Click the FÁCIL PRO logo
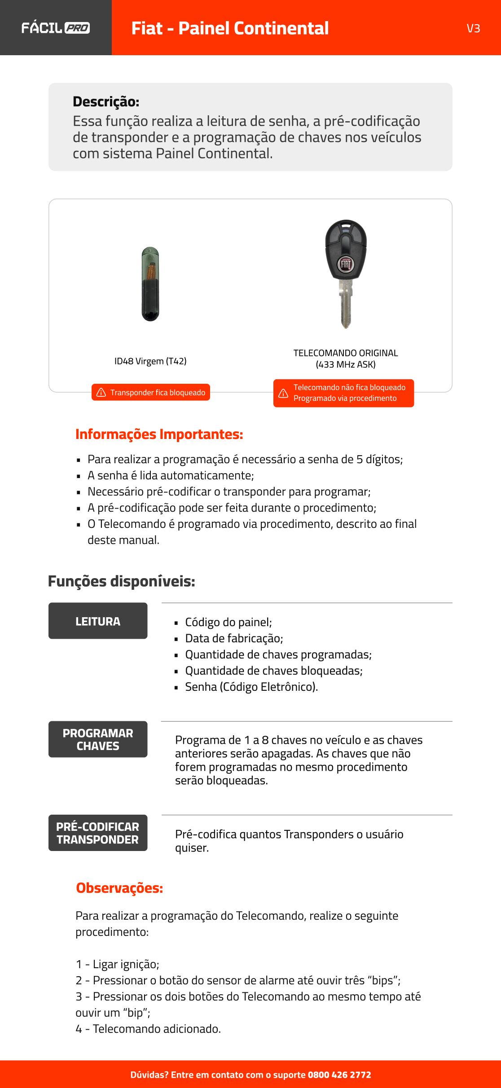coord(56,28)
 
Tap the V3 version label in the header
coord(473,28)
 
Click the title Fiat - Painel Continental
coord(230,28)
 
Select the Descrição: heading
coord(106,102)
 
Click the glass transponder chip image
coord(150,284)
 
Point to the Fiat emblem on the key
coord(346,264)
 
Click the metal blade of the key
coord(346,305)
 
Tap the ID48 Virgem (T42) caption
coord(150,361)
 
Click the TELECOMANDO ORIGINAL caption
coord(346,353)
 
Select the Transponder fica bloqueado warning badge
coord(151,392)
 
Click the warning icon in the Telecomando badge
coord(283,393)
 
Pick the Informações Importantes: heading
coord(159,434)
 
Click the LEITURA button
coord(98,621)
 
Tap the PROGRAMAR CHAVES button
coord(98,739)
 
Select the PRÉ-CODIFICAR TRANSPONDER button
coord(98,833)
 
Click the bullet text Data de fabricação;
coord(234,638)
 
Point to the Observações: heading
coord(119,888)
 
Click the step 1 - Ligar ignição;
coord(117,964)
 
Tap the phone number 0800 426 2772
coord(339,1075)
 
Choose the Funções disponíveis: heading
coord(122,581)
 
